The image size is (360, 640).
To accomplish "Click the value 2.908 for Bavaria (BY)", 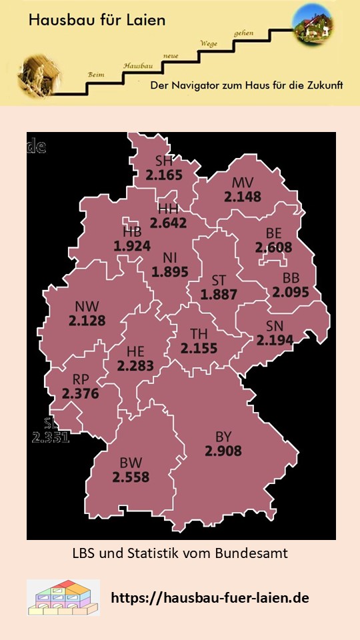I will tap(223, 451).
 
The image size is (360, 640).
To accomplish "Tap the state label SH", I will tap(163, 161).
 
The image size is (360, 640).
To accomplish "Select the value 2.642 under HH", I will tap(168, 223).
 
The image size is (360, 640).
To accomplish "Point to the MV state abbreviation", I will tap(243, 183).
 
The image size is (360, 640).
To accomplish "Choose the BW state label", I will tap(131, 463).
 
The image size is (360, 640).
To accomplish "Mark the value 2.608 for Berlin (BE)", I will tap(273, 247).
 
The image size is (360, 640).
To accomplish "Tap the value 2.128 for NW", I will tap(87, 321).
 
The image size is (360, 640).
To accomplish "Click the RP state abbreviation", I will tap(81, 379).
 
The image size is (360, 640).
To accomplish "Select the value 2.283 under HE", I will tap(135, 366).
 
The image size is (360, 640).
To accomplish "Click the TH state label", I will tap(199, 333).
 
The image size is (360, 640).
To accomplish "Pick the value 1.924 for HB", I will tap(132, 246).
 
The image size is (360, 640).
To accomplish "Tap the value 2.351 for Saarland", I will tap(51, 438).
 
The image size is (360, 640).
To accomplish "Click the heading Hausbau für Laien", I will tap(97, 21).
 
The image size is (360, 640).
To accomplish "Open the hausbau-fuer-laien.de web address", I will tap(209, 598).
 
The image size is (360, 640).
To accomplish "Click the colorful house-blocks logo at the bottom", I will tap(63, 597).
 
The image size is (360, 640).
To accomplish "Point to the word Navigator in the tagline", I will tap(216, 87).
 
